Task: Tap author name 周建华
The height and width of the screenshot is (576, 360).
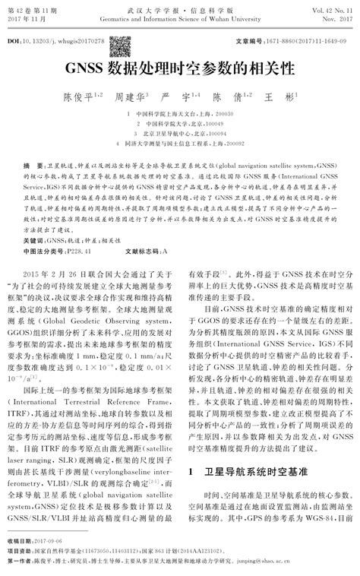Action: pos(129,98)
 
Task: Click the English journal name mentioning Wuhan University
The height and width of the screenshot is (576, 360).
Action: pos(179,14)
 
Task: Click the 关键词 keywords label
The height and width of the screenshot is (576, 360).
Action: pos(33,217)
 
